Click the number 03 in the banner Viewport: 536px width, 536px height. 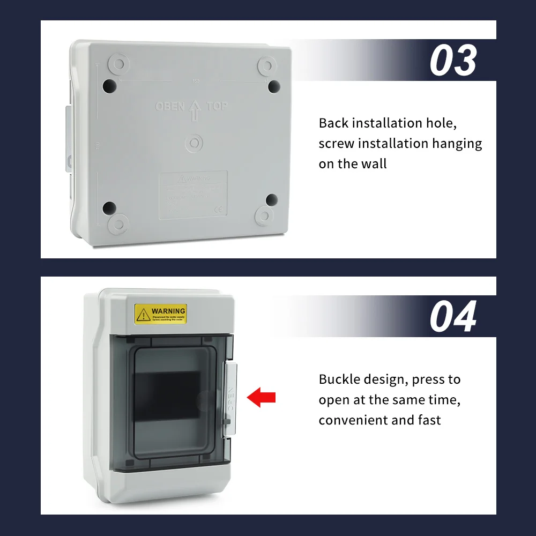pyautogui.click(x=453, y=61)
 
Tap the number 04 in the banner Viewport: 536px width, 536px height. pyautogui.click(x=453, y=317)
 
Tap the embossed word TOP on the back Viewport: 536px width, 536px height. pyautogui.click(x=217, y=106)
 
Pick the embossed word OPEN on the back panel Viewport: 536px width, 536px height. pyautogui.click(x=170, y=107)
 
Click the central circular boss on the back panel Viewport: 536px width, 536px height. pyautogui.click(x=194, y=143)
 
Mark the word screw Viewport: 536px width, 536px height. pyautogui.click(x=337, y=144)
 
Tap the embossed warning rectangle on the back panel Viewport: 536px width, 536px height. pyautogui.click(x=193, y=195)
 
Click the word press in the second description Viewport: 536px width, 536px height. pyautogui.click(x=430, y=379)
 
